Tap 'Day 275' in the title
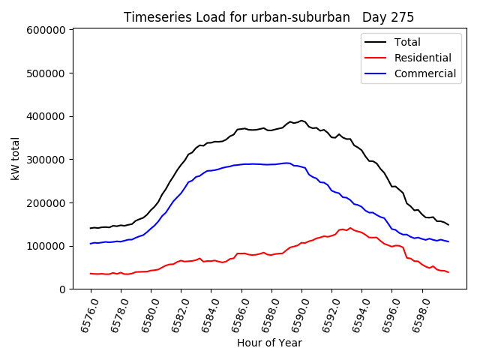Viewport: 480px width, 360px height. [x=388, y=17]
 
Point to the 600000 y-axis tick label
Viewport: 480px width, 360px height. [x=47, y=30]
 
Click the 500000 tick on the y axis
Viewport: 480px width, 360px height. [x=47, y=73]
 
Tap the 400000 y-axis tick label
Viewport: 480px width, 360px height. [x=47, y=116]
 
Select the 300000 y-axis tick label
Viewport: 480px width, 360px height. [x=47, y=160]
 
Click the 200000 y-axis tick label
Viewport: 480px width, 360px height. [x=47, y=203]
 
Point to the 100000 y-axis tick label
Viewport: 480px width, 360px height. [x=47, y=246]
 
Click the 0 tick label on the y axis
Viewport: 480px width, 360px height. [x=63, y=289]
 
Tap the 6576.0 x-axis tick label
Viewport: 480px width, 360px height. [x=84, y=315]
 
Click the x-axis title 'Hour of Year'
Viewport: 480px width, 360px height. [x=269, y=343]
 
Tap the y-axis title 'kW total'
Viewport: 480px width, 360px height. [x=15, y=158]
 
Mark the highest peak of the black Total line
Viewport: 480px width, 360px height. [x=301, y=120]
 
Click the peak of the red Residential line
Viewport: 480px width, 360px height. [x=349, y=228]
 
